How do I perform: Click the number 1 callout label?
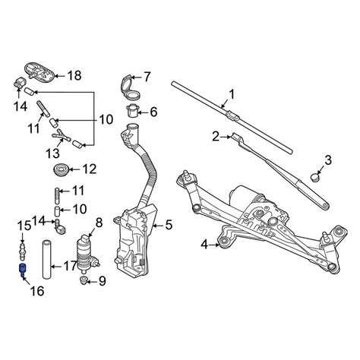coord(232,94)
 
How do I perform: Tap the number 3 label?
coord(327,159)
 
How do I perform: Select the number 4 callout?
coord(204,244)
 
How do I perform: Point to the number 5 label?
coord(169,225)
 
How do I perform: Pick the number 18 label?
coord(74,76)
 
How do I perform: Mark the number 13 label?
coord(53,153)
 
